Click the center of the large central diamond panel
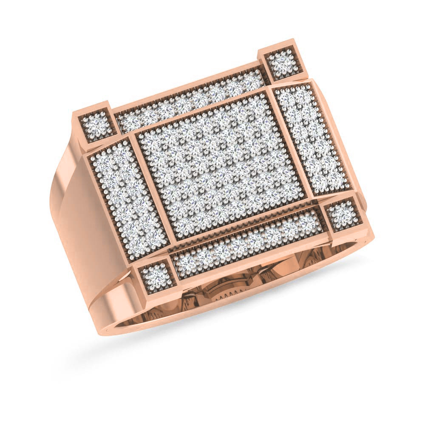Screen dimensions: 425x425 (221, 166)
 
